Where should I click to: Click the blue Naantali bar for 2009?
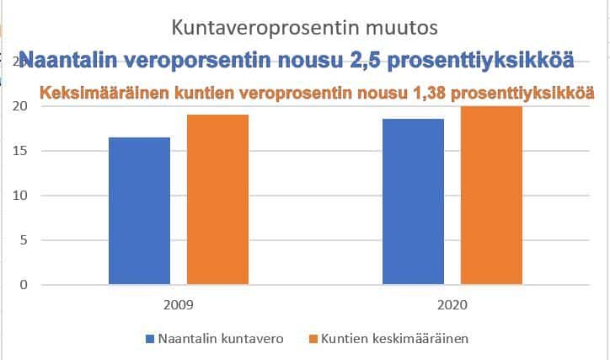coord(139,211)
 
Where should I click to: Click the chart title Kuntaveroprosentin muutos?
coord(304,28)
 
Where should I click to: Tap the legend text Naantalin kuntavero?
coord(218,339)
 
